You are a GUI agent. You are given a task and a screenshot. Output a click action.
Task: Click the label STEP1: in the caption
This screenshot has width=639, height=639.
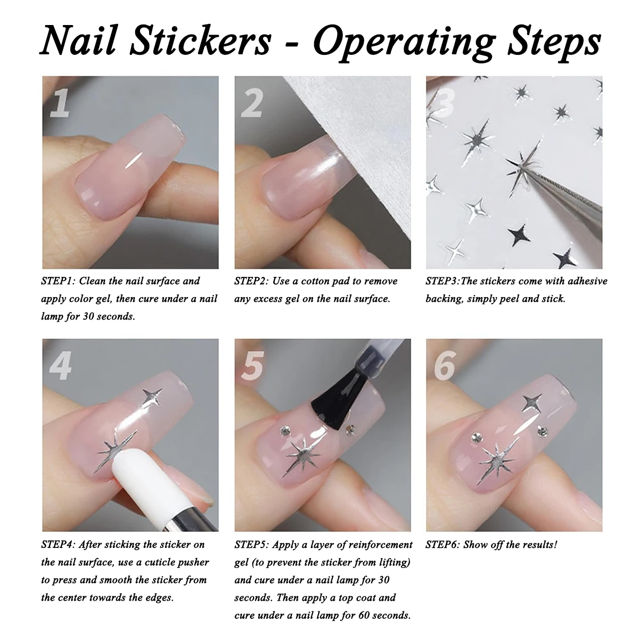(x=59, y=281)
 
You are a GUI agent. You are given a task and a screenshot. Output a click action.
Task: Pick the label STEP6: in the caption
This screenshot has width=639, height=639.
(x=443, y=544)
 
